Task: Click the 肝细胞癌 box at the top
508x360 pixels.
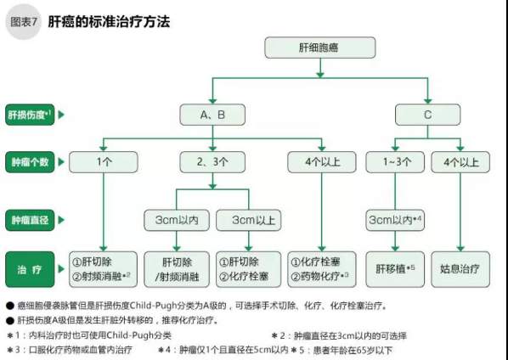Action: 320,48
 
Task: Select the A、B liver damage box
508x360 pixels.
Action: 212,115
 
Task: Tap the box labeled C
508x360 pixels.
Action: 427,115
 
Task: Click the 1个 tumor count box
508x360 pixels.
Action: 104,162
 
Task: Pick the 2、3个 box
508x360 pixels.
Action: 212,162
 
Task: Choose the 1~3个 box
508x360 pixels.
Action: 395,162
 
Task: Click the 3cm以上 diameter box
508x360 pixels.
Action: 249,220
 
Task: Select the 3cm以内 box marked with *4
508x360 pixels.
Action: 395,220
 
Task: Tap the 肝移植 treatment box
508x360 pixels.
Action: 395,269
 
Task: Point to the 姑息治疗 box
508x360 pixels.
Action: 460,269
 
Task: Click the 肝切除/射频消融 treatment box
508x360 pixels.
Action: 177,269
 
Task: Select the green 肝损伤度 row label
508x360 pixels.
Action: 30,115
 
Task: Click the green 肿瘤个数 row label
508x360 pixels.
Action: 30,162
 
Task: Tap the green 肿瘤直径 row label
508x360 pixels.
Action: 30,220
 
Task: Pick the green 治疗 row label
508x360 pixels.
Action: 30,269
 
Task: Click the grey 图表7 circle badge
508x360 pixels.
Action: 23,22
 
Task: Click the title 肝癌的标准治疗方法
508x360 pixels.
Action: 109,22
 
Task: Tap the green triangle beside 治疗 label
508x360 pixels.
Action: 61,269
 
